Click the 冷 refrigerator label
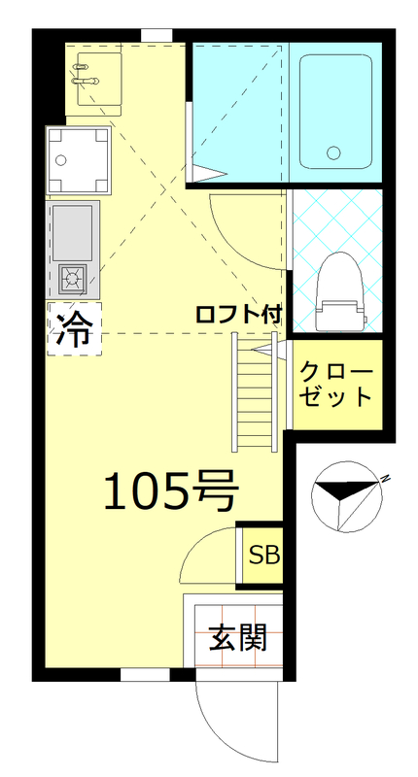point(74,329)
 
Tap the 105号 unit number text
point(170,492)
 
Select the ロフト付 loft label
point(238,315)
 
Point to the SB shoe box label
point(263,556)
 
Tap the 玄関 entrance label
point(238,639)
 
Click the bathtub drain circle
point(334,152)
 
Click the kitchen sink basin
point(74,230)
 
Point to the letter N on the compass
point(385,479)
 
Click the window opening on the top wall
point(156,36)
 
